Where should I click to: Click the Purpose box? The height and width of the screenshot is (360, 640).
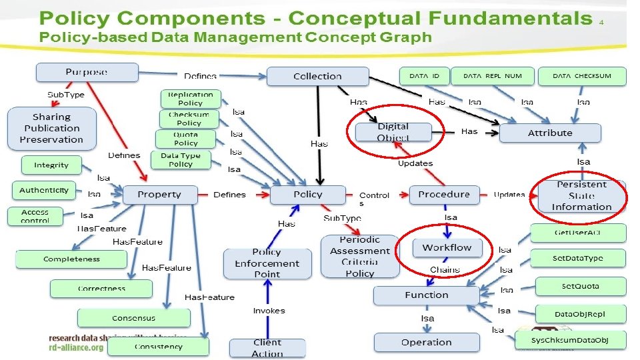coord(87,72)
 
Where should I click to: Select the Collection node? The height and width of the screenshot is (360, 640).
coord(317,76)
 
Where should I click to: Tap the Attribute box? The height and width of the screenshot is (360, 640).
coord(550,133)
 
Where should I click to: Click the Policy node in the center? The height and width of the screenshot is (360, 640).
coord(307,195)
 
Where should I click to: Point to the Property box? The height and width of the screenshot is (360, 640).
coord(159,195)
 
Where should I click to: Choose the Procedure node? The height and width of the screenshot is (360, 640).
coord(444,195)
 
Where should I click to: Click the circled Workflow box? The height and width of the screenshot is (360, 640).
coord(447,248)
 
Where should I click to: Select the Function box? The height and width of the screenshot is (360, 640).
coord(427,295)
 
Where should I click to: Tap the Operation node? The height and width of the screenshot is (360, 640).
coord(427,342)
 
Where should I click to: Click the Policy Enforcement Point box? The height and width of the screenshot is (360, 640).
coord(267,263)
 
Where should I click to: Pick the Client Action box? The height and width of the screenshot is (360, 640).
coord(267,347)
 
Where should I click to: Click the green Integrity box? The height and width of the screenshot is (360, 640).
coord(51,165)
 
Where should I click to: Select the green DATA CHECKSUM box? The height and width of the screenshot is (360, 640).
coord(582,76)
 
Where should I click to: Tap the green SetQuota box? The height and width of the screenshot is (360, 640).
coord(579,287)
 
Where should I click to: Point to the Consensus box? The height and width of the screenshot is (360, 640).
coord(134,319)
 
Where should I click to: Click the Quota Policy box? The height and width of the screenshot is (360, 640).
coord(186,139)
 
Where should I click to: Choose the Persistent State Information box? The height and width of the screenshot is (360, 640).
coord(581,195)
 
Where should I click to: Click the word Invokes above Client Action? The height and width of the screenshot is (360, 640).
coord(269,311)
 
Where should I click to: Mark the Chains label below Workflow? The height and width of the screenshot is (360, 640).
coord(445,270)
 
